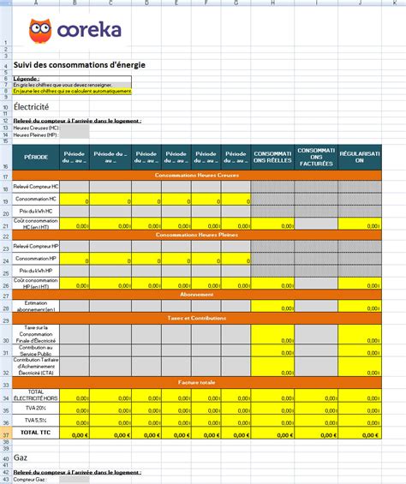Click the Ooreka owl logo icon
(39, 31)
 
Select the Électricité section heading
(31, 107)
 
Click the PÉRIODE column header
(36, 157)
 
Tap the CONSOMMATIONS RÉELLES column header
(272, 157)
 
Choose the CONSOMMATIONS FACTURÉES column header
(316, 157)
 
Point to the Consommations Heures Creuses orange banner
(196, 175)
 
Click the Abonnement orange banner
(196, 294)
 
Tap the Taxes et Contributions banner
(196, 318)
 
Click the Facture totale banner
(196, 382)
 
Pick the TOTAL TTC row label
(36, 434)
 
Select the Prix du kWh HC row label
(36, 211)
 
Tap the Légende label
(27, 78)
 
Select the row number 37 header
(5, 434)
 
